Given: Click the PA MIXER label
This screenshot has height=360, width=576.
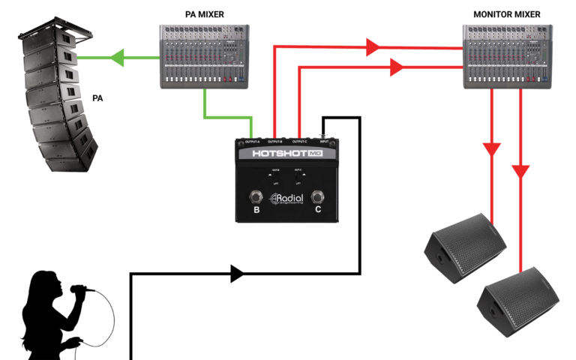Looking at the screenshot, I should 204,14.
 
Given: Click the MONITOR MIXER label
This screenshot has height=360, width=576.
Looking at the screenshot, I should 506,14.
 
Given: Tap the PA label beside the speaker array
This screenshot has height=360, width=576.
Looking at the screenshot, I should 97,98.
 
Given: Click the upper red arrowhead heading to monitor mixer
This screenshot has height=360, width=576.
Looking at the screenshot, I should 373,47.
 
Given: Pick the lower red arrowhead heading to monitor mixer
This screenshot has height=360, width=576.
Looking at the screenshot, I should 397,67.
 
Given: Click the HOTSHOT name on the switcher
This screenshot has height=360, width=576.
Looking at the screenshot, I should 279,154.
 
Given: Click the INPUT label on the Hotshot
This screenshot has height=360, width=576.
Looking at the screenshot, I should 324,141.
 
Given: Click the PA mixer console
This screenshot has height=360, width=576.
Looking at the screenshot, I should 204,56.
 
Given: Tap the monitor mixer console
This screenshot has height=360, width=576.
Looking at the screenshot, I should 506,57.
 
